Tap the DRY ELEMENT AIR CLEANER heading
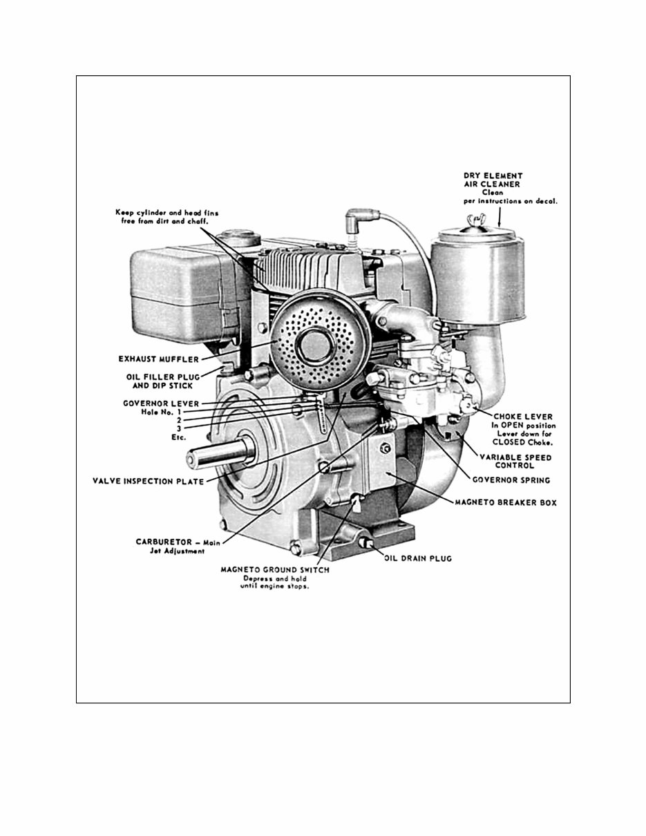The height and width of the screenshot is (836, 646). tap(493, 181)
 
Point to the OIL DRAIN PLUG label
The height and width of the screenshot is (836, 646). tap(417, 558)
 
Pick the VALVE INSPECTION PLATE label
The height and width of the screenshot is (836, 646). tap(149, 481)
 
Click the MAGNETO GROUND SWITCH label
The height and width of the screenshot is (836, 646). tap(275, 570)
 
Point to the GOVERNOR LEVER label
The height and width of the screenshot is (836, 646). tap(161, 403)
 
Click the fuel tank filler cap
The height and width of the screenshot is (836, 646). tap(239, 240)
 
